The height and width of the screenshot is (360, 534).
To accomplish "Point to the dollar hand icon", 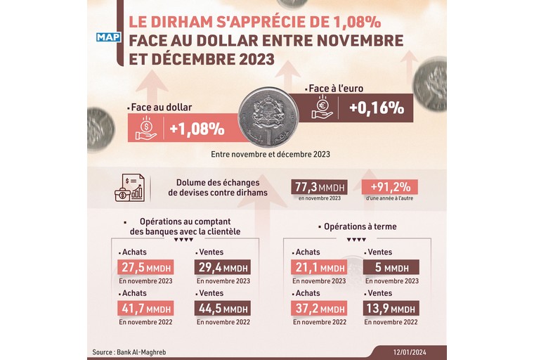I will pyautogui.click(x=146, y=129).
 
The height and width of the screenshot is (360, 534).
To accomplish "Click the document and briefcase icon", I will pyautogui.click(x=130, y=188).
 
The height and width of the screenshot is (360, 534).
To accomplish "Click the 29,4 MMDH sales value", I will pyautogui.click(x=221, y=267).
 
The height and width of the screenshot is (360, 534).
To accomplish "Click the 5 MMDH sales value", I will pyautogui.click(x=391, y=267).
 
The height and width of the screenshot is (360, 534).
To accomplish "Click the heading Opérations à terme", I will pyautogui.click(x=359, y=226).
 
